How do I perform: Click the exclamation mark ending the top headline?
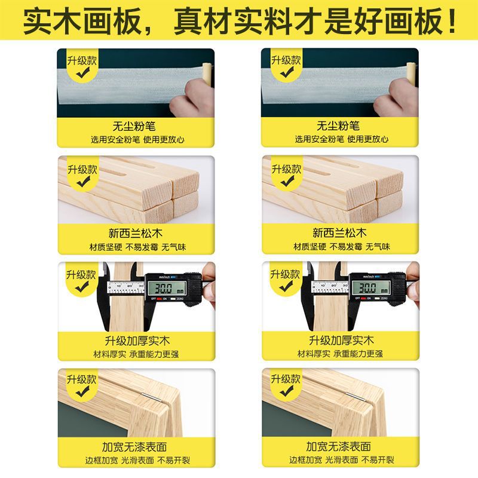pyautogui.click(x=452, y=21)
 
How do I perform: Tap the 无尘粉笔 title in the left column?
pyautogui.click(x=134, y=126)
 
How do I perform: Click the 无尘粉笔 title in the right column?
pyautogui.click(x=338, y=125)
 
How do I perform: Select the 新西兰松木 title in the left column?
pyautogui.click(x=136, y=233)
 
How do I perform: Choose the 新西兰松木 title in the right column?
pyautogui.click(x=339, y=233)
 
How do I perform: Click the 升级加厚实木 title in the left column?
pyautogui.click(x=137, y=341)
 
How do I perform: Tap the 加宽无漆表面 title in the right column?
pyautogui.click(x=338, y=446)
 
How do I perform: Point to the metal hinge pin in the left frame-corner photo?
pyautogui.click(x=152, y=397)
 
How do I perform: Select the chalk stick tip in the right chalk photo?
pyautogui.click(x=412, y=66)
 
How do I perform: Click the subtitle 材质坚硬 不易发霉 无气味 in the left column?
pyautogui.click(x=138, y=247)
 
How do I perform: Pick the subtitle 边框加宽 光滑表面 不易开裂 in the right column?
pyautogui.click(x=342, y=459)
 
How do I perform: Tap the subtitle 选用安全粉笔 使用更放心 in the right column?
pyautogui.click(x=342, y=139)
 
